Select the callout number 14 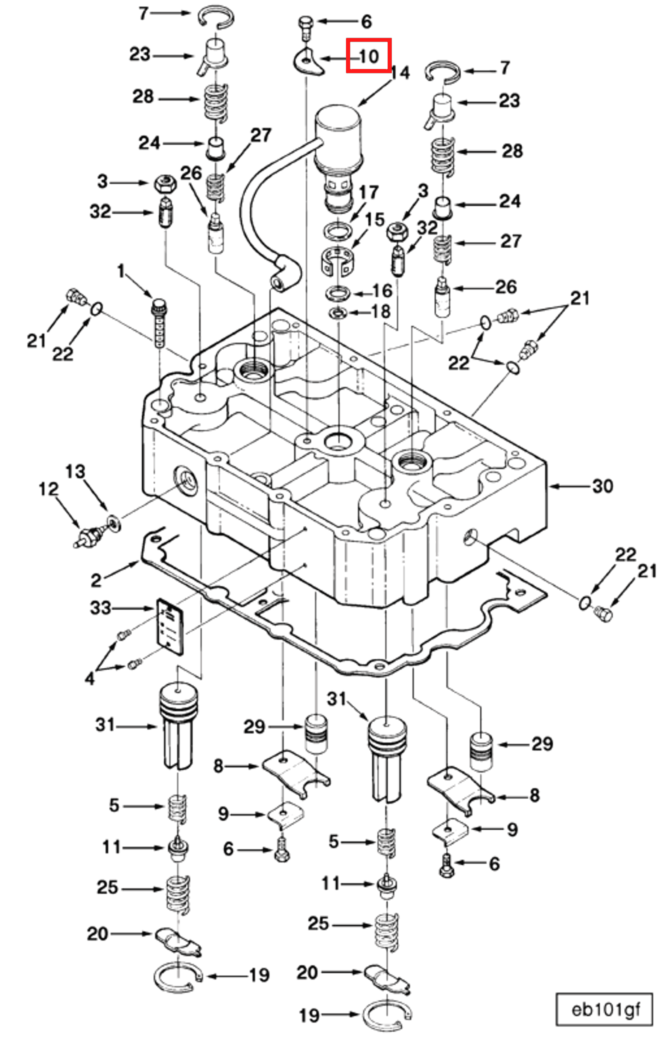(400, 73)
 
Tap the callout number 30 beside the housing (603, 486)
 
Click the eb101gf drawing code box (605, 1009)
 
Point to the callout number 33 (100, 608)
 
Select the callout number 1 (121, 272)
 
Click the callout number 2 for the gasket (96, 580)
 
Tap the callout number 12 (48, 489)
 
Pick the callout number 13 (75, 472)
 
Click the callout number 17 (368, 192)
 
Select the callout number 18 (381, 311)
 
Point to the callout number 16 (382, 291)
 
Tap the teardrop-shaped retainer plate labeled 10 (308, 62)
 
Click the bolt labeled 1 (159, 322)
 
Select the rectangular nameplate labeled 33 (170, 626)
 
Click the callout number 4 (90, 678)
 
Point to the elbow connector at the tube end (284, 273)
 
